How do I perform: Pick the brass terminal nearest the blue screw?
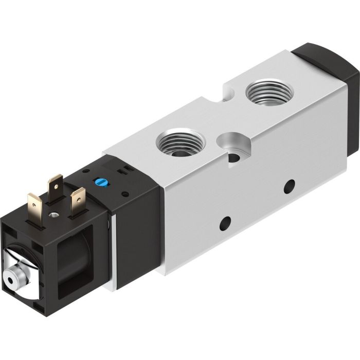(x=78, y=196)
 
